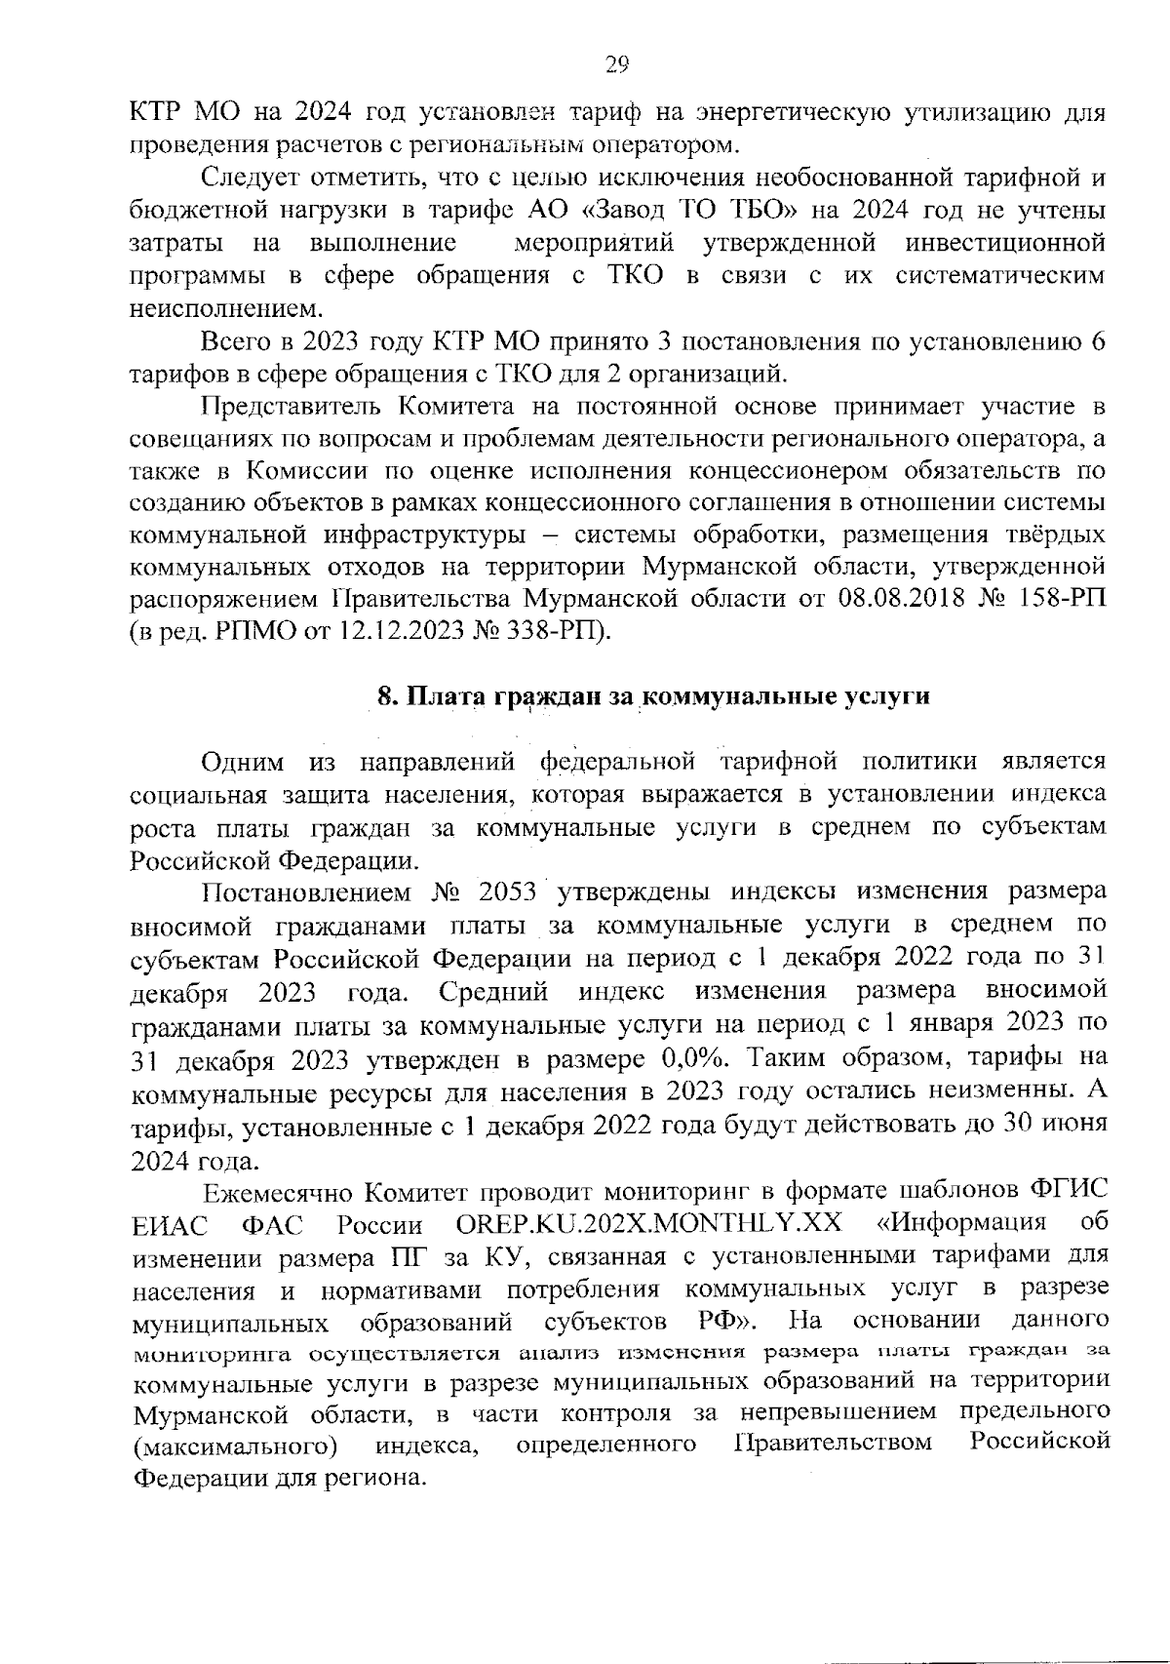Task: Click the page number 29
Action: [617, 64]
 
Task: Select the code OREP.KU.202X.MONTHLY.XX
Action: [650, 1223]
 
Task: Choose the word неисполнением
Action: [223, 309]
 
